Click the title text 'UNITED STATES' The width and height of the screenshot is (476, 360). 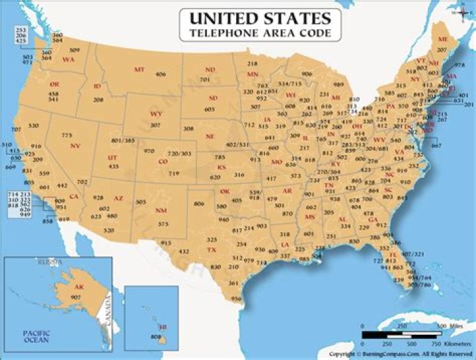click(260, 17)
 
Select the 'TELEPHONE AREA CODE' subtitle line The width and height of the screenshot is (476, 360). click(260, 32)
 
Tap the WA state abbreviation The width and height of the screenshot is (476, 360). click(67, 59)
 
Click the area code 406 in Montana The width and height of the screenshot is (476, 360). click(161, 75)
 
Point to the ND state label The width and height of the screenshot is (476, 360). click(210, 69)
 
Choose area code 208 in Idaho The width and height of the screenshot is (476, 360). click(99, 99)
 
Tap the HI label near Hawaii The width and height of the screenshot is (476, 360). click(162, 327)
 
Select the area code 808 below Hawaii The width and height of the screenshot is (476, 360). click(156, 337)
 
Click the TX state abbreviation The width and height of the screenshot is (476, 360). click(212, 250)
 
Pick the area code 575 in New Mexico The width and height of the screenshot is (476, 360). click(163, 224)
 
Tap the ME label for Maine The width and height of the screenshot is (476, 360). click(442, 40)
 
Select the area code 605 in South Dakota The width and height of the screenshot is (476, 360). click(210, 109)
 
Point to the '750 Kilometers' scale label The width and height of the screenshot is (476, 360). click(440, 344)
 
